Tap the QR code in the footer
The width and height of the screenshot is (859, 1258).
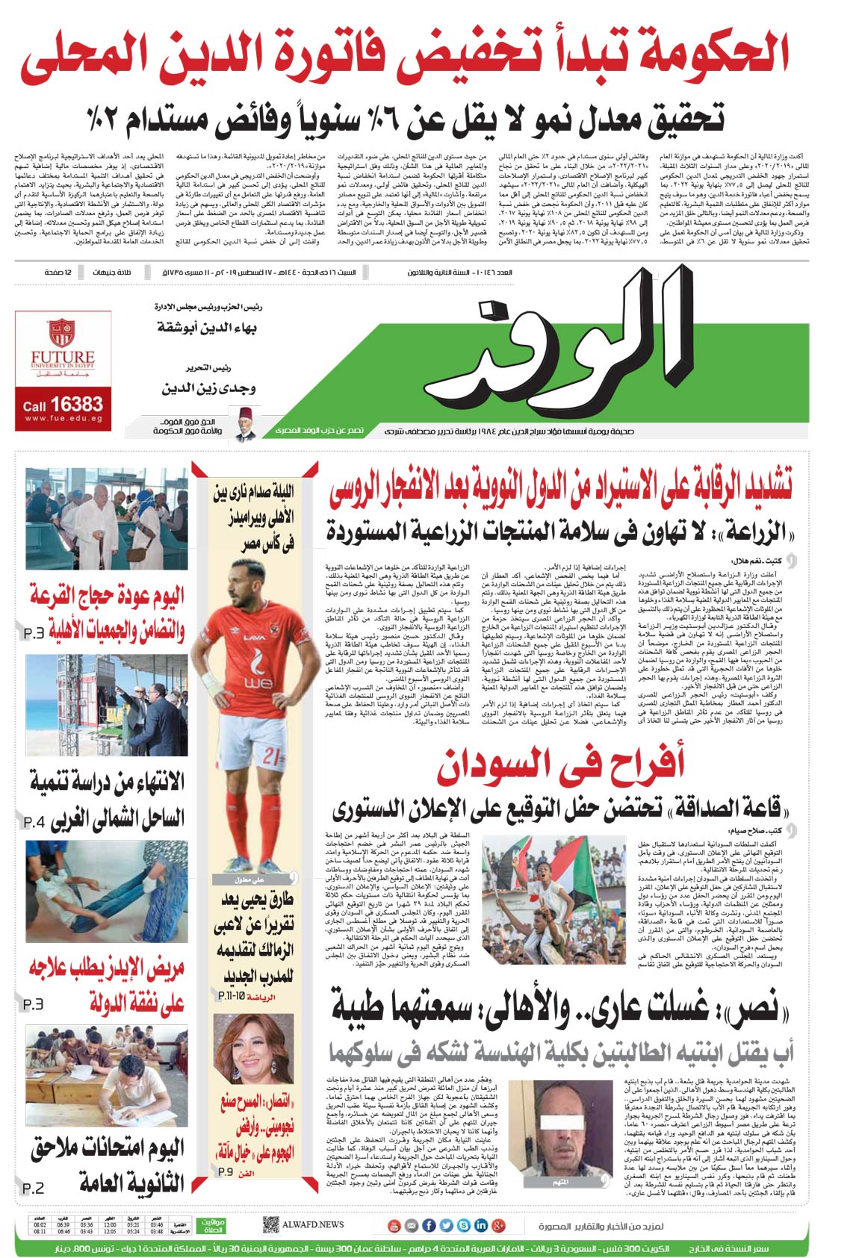click(270, 1225)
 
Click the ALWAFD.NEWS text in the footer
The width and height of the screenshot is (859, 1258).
click(313, 1224)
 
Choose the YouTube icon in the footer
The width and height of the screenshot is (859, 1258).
click(394, 1225)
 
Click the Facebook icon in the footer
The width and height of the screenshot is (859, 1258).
click(429, 1225)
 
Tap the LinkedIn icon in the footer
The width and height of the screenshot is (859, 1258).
click(480, 1225)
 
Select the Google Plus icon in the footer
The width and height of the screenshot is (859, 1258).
click(498, 1225)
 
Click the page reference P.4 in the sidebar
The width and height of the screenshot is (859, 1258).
click(35, 823)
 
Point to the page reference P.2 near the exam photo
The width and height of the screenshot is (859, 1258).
click(33, 1188)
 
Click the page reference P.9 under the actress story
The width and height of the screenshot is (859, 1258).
click(226, 1171)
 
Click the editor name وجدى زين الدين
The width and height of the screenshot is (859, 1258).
click(209, 388)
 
